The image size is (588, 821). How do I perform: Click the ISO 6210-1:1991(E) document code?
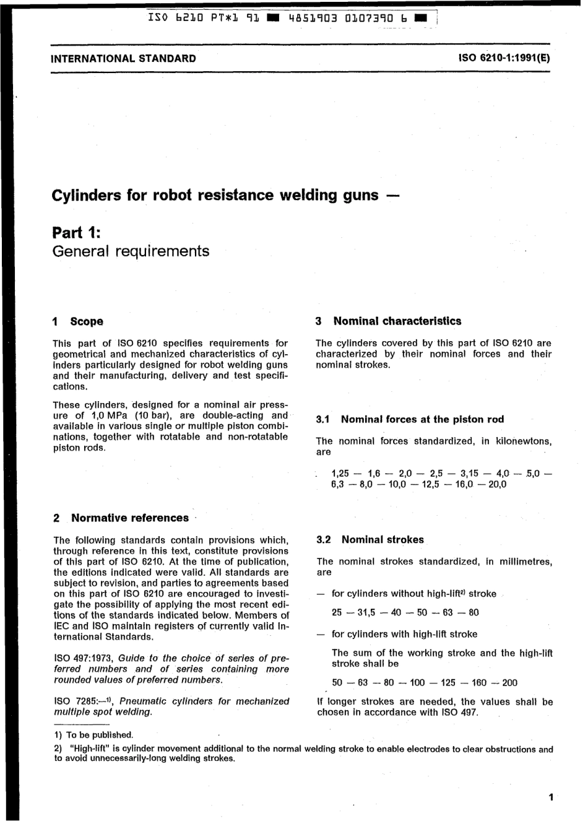pyautogui.click(x=504, y=59)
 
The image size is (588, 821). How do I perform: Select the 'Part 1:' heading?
pyautogui.click(x=76, y=233)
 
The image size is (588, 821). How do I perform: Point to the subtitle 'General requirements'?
pyautogui.click(x=131, y=251)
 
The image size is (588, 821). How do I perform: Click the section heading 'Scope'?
pyautogui.click(x=87, y=321)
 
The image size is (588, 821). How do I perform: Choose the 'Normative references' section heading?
pyautogui.click(x=130, y=518)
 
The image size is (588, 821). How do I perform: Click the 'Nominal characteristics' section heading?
pyautogui.click(x=397, y=321)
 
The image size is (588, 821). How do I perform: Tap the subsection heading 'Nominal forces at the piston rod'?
pyautogui.click(x=422, y=419)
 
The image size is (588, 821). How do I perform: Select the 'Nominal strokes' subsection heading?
pyautogui.click(x=383, y=540)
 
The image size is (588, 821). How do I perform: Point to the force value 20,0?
pyautogui.click(x=497, y=484)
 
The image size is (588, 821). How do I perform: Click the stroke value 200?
pyautogui.click(x=509, y=682)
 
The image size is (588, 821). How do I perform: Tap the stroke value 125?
pyautogui.click(x=447, y=682)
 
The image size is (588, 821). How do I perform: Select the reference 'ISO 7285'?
pyautogui.click(x=75, y=702)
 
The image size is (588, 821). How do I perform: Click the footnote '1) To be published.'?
pyautogui.click(x=93, y=735)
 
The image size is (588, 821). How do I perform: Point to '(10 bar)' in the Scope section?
pyautogui.click(x=152, y=415)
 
